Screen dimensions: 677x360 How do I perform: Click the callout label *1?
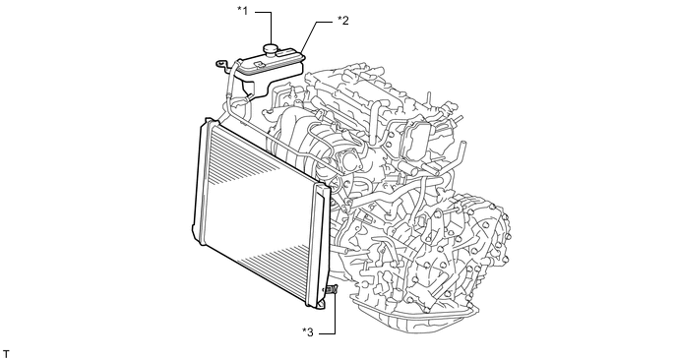243,11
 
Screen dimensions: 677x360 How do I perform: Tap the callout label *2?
342,20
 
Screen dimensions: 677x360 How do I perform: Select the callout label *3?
308,331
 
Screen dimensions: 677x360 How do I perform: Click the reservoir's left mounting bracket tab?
223,64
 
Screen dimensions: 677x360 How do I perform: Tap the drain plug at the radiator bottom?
332,289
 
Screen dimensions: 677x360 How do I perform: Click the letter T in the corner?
6,354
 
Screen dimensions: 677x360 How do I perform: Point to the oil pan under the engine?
414,317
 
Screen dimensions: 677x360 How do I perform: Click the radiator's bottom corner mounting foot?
321,305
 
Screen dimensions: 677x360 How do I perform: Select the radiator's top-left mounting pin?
209,120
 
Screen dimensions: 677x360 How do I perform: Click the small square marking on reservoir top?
259,64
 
